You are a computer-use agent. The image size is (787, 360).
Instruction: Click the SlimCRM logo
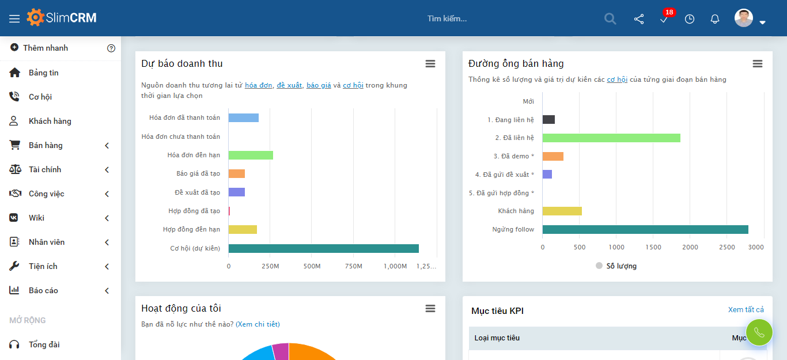[x=62, y=18]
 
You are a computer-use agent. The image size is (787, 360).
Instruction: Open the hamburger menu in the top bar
[x=14, y=18]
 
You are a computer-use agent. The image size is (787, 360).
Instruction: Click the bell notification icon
[x=714, y=19]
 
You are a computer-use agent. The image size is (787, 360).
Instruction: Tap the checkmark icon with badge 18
[x=664, y=19]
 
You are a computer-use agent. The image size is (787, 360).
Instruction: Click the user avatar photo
[x=743, y=18]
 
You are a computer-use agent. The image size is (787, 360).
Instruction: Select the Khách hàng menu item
[x=50, y=121]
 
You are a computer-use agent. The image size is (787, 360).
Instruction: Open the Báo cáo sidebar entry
[x=43, y=290]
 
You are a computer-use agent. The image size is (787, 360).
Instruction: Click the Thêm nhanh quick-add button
[x=45, y=48]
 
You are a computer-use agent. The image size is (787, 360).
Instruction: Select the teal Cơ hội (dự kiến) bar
[x=323, y=248]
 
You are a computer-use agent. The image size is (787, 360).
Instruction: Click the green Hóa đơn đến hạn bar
[x=251, y=155]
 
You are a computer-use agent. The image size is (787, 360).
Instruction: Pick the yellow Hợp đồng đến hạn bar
[x=243, y=229]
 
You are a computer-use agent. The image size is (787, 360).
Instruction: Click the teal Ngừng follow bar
[x=645, y=229]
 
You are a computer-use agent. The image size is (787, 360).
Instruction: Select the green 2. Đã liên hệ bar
[x=611, y=138]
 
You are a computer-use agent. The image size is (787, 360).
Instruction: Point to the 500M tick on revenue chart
[x=312, y=266]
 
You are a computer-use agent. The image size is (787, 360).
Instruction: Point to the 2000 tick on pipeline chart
[x=690, y=247]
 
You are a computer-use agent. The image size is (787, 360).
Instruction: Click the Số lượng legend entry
[x=616, y=266]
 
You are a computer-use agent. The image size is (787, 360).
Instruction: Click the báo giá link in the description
[x=319, y=85]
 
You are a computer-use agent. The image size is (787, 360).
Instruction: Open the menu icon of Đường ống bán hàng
[x=757, y=63]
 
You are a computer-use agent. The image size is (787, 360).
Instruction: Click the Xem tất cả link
[x=746, y=310]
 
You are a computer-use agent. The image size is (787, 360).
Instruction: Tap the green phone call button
[x=759, y=332]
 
